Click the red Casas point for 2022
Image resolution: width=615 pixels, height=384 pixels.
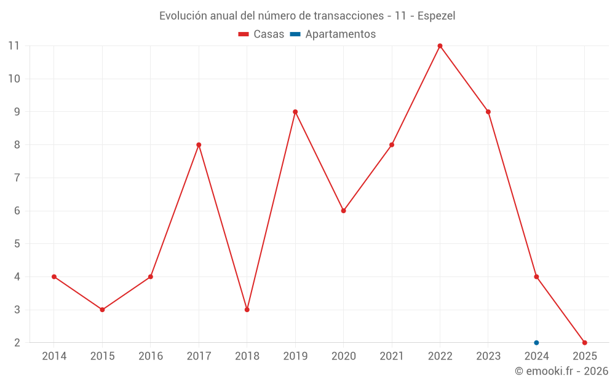tap(440, 46)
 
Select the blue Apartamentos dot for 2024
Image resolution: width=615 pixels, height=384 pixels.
tap(536, 343)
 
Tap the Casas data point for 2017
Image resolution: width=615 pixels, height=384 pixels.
tap(199, 145)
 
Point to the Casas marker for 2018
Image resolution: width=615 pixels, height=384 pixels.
tap(247, 310)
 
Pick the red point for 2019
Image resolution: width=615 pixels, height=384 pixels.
tap(295, 112)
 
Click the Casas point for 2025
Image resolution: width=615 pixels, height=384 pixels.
tap(584, 343)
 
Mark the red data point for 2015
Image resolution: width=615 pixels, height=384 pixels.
tap(102, 310)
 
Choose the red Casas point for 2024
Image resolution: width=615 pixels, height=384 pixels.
tap(536, 276)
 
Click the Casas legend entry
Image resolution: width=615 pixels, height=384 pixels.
tap(261, 34)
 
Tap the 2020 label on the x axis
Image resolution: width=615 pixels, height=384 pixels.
tap(343, 356)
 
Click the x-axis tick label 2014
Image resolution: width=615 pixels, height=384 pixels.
tap(54, 356)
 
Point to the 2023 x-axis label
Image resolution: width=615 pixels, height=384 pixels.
tap(488, 356)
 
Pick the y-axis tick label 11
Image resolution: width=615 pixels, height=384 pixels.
tap(14, 46)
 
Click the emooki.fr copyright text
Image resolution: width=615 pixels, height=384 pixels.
tap(561, 371)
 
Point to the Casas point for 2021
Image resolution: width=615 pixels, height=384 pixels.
tap(392, 145)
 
